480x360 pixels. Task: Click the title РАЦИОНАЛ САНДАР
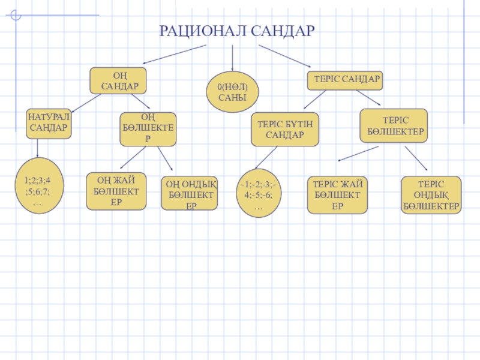point(236,31)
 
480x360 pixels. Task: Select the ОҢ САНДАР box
point(119,81)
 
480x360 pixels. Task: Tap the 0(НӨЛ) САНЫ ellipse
point(232,92)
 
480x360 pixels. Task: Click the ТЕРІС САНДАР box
point(347,79)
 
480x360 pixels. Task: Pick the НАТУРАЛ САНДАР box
point(49,124)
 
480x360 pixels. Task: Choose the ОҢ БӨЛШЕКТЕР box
point(148,129)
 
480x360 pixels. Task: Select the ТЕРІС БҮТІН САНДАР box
point(284,129)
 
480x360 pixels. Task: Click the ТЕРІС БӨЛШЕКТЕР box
point(394,125)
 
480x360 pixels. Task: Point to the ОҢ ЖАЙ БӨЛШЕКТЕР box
point(116,191)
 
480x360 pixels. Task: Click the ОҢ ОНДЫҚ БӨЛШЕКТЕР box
point(190,193)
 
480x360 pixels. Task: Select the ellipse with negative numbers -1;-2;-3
point(259,193)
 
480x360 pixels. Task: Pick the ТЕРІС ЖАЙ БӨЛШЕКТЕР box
point(337,195)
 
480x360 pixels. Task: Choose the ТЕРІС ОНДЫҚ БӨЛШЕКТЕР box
point(431,195)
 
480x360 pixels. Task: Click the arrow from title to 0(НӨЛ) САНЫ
point(233,58)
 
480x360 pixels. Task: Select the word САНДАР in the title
point(279,31)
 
